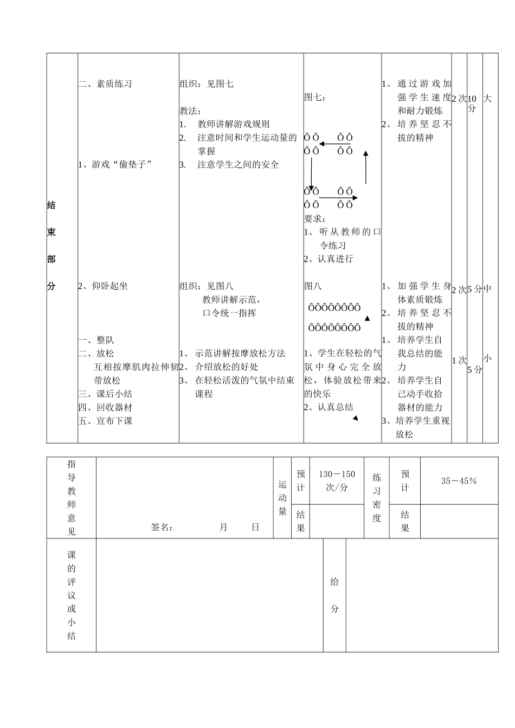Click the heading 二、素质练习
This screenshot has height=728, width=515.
[x=105, y=84]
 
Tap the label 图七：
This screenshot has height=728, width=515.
[x=316, y=97]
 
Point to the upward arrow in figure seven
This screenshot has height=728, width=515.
[x=366, y=168]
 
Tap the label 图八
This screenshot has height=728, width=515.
[x=313, y=286]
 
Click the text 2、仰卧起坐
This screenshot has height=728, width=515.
[x=103, y=286]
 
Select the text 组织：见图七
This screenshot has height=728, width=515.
[x=207, y=84]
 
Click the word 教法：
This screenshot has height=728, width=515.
[x=191, y=111]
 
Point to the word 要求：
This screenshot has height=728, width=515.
[x=315, y=219]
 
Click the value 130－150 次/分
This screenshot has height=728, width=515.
[x=337, y=481]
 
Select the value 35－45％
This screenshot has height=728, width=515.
[x=459, y=481]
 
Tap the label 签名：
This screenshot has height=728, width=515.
[x=162, y=528]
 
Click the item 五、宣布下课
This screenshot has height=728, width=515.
[x=106, y=421]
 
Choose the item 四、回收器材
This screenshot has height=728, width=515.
[x=106, y=407]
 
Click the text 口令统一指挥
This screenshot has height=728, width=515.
[x=229, y=313]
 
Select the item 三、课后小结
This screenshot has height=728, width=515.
[x=106, y=394]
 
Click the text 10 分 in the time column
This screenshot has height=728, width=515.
[x=472, y=103]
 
